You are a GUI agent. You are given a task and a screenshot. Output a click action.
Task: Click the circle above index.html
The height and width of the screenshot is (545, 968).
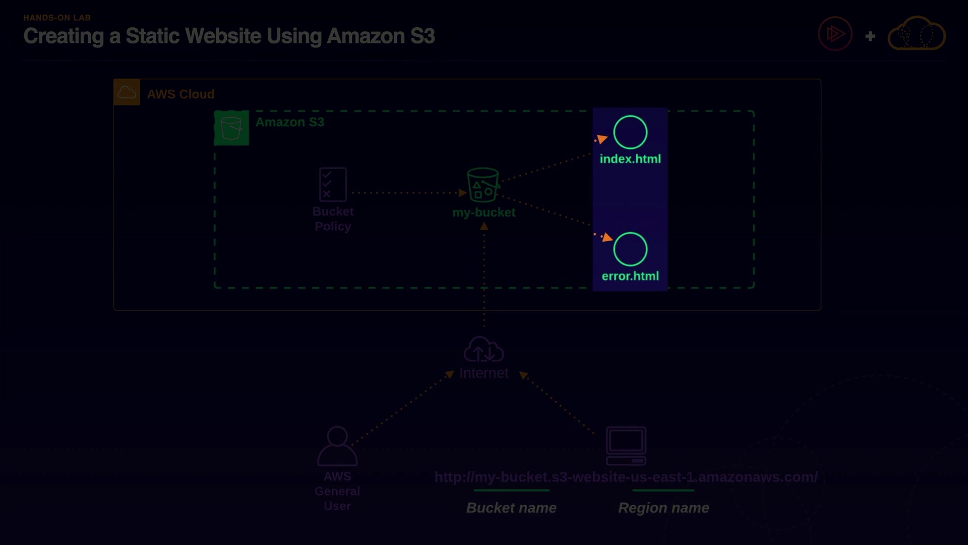(x=630, y=132)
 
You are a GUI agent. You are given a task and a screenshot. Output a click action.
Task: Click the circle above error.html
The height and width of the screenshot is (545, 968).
(x=630, y=249)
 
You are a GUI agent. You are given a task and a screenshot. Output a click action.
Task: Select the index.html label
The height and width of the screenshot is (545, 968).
(x=630, y=159)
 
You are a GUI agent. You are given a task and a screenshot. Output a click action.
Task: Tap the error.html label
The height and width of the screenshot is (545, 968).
(x=630, y=276)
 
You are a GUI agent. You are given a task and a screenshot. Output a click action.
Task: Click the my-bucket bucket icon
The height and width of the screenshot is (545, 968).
(x=483, y=185)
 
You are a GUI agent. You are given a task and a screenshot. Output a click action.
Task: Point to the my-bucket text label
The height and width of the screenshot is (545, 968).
(x=483, y=212)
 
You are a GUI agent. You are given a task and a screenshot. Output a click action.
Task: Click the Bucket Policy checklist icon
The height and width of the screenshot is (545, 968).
(x=333, y=185)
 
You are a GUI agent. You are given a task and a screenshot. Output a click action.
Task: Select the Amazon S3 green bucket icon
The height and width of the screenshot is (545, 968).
(x=231, y=128)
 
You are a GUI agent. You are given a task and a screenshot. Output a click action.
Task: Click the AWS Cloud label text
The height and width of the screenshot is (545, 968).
(x=180, y=94)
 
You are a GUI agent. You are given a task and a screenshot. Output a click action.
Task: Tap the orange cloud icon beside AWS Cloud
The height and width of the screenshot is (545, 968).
(x=127, y=92)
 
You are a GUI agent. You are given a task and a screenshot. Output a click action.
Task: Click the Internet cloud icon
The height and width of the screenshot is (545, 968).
(x=483, y=350)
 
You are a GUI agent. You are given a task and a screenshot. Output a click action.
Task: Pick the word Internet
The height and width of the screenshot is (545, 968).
(x=483, y=373)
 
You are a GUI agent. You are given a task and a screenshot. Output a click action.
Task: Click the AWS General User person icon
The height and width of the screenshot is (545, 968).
(x=337, y=446)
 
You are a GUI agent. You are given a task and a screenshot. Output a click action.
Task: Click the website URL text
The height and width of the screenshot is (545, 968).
(x=626, y=477)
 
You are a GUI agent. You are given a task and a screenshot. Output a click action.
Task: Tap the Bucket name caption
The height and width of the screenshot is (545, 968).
(x=511, y=508)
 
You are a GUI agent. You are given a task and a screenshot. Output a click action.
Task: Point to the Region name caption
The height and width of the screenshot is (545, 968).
(x=663, y=508)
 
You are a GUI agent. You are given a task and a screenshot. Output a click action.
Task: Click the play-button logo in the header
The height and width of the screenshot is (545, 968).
(x=835, y=34)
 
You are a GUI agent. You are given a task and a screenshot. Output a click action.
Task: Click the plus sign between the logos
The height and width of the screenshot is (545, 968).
(x=870, y=36)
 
